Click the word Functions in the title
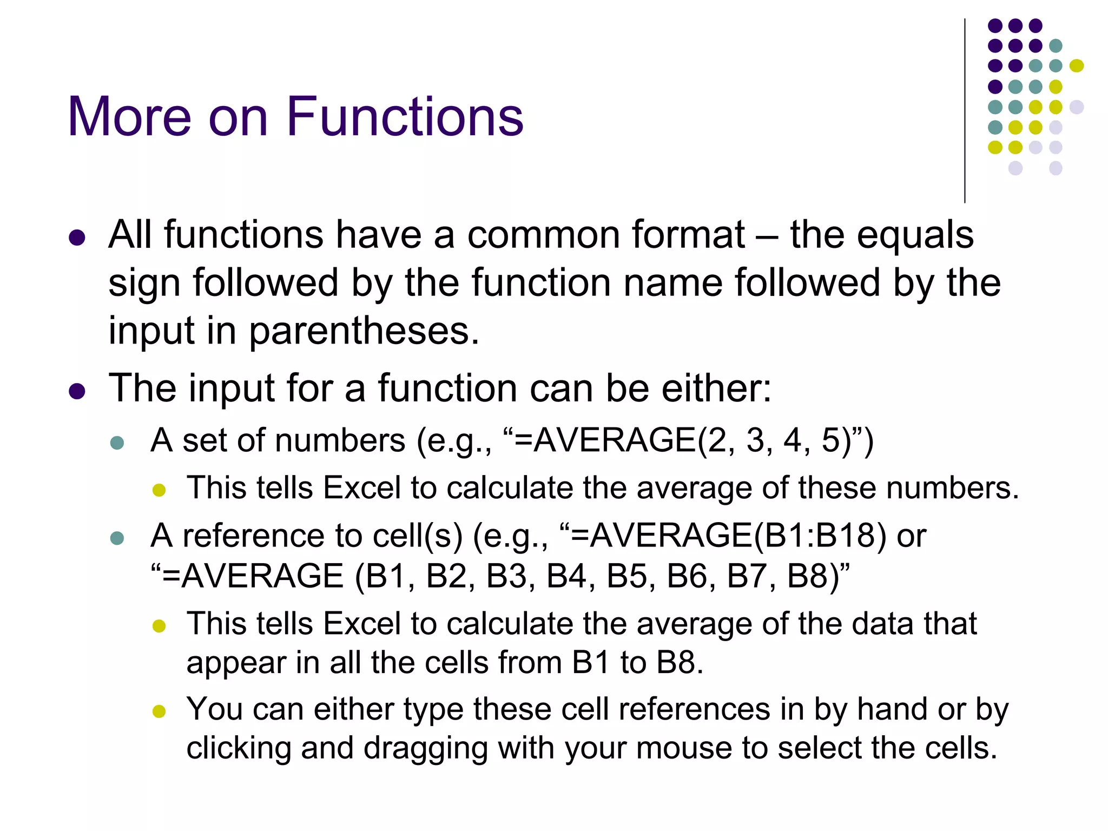click(405, 116)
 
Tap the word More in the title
click(129, 116)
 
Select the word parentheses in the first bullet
click(364, 331)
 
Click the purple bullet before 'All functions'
click(77, 238)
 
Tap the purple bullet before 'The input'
click(77, 391)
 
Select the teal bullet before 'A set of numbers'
click(117, 443)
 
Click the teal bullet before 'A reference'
click(117, 538)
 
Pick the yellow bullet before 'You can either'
click(159, 711)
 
